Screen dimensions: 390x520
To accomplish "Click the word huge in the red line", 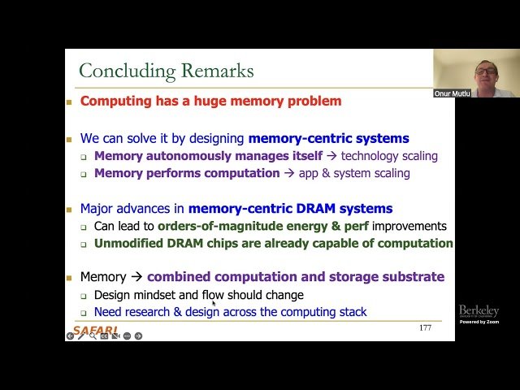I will [x=215, y=102].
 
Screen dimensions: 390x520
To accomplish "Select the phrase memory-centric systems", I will [x=328, y=138].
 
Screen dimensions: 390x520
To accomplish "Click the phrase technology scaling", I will [x=389, y=156].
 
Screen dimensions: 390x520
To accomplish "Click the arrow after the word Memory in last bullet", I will [x=136, y=277].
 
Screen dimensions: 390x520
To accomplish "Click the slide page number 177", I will [x=425, y=327].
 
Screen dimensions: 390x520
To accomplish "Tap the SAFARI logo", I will [x=96, y=329].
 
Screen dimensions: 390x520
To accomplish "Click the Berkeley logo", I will [x=479, y=311].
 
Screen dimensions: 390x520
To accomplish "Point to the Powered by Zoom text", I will [x=479, y=323].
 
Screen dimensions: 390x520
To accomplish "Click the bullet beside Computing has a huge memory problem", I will [x=70, y=102].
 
